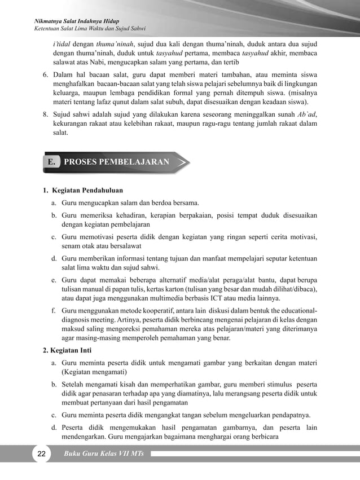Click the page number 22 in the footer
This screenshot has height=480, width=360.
[x=40, y=455]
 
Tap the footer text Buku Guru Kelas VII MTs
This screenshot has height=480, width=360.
[x=104, y=455]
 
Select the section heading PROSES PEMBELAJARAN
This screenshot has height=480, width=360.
[x=117, y=162]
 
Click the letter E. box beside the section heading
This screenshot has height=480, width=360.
[x=52, y=162]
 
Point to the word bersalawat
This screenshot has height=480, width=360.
[x=122, y=246]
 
